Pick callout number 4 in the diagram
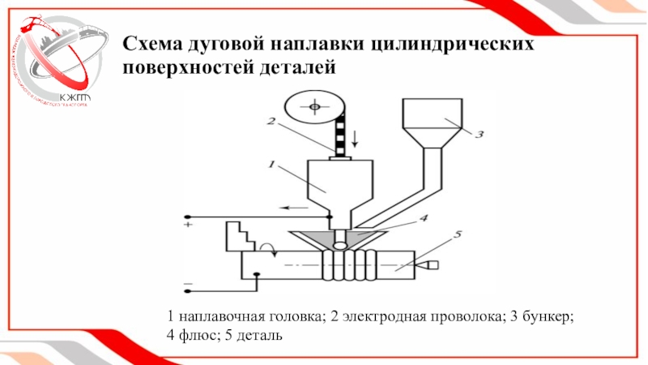point(423,217)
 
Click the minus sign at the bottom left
point(187,284)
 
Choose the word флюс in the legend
point(196,334)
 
